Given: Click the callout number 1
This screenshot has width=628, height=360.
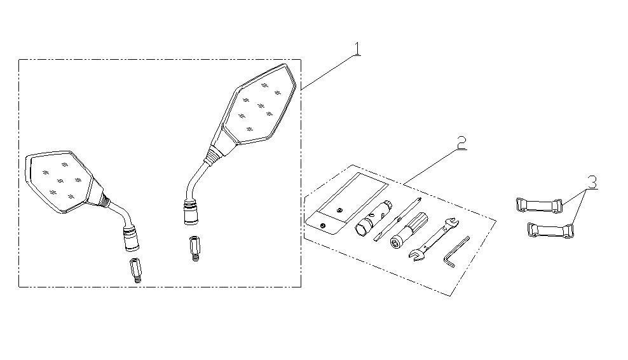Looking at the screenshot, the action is coord(357,49).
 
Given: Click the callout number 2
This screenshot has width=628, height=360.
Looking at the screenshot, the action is coord(462,142).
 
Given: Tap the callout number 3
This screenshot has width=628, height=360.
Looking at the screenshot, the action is coord(592,182).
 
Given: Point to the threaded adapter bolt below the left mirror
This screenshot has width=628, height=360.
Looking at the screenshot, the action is coord(135,270).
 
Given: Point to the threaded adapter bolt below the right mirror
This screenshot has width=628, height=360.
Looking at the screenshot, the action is coord(195,249).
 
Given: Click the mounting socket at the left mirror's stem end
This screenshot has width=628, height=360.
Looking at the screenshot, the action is coord(130,238).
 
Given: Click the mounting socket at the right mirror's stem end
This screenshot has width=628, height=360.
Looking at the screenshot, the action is coord(191,212).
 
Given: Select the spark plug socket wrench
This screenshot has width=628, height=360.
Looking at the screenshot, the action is coord(373,219).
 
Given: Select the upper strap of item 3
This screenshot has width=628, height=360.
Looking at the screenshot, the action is coord(539,205).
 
